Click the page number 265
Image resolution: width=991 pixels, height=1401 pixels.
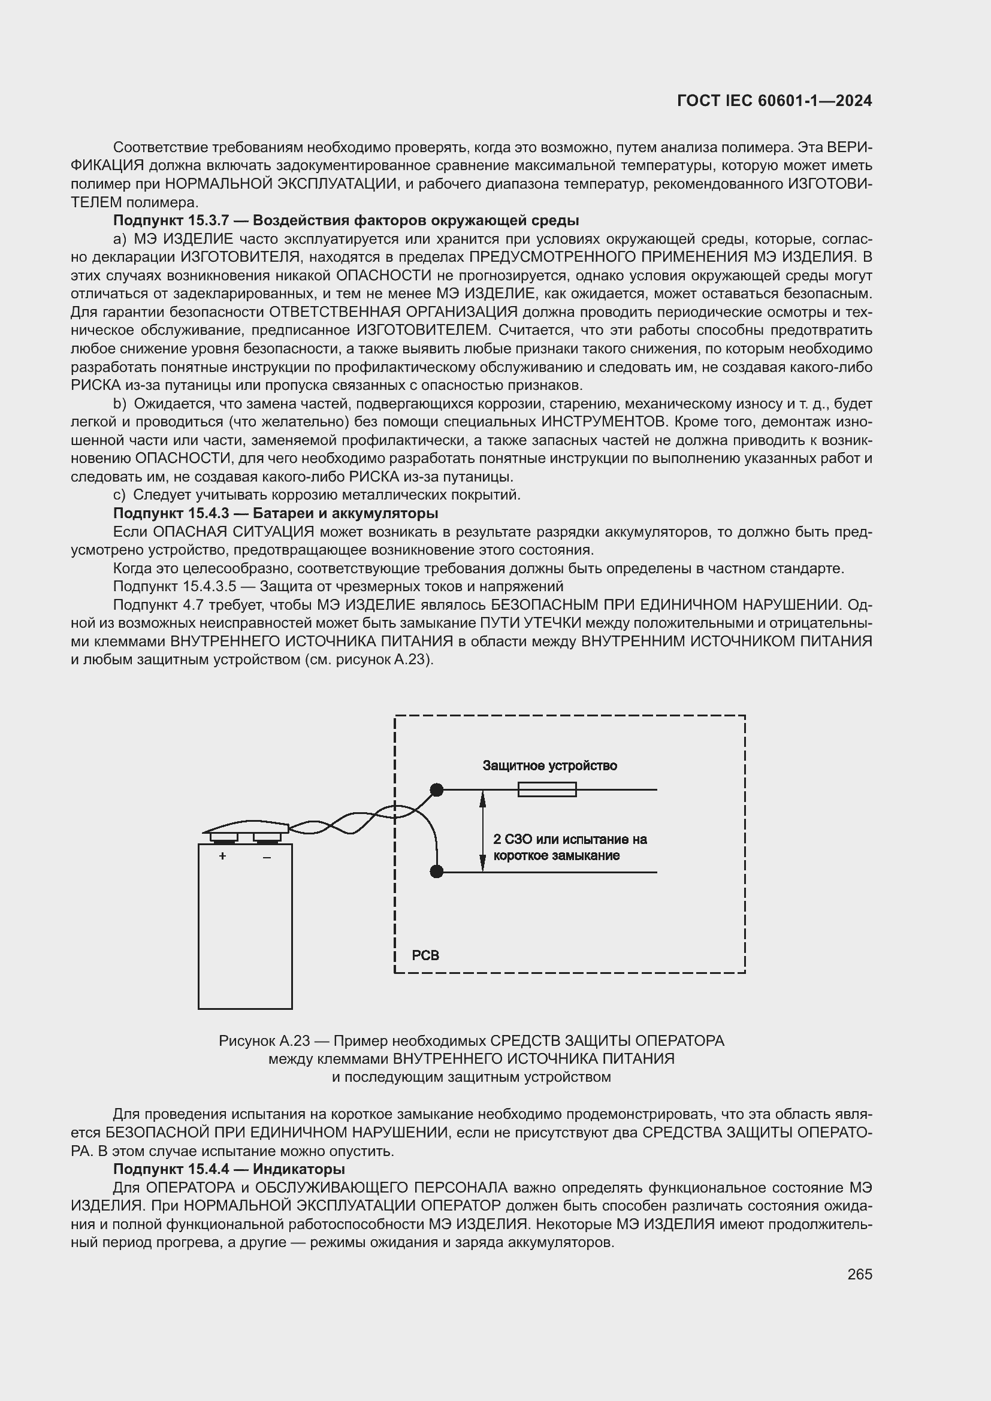(x=859, y=1274)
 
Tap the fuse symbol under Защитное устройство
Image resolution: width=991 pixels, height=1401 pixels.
(x=547, y=789)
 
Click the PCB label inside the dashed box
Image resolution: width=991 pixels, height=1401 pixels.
(x=425, y=955)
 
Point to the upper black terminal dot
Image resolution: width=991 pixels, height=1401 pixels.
(x=436, y=789)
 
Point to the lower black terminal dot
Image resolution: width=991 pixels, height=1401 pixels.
(x=436, y=872)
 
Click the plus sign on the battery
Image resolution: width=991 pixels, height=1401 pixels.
(x=223, y=856)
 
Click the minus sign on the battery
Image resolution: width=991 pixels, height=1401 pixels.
(x=267, y=857)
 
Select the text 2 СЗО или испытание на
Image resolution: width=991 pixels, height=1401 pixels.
(x=569, y=839)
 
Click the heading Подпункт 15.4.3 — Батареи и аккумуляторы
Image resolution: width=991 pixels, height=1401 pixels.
(x=275, y=513)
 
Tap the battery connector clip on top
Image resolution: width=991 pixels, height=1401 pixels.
(x=246, y=828)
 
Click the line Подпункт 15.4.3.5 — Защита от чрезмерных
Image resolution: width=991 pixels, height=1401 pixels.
(x=338, y=586)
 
